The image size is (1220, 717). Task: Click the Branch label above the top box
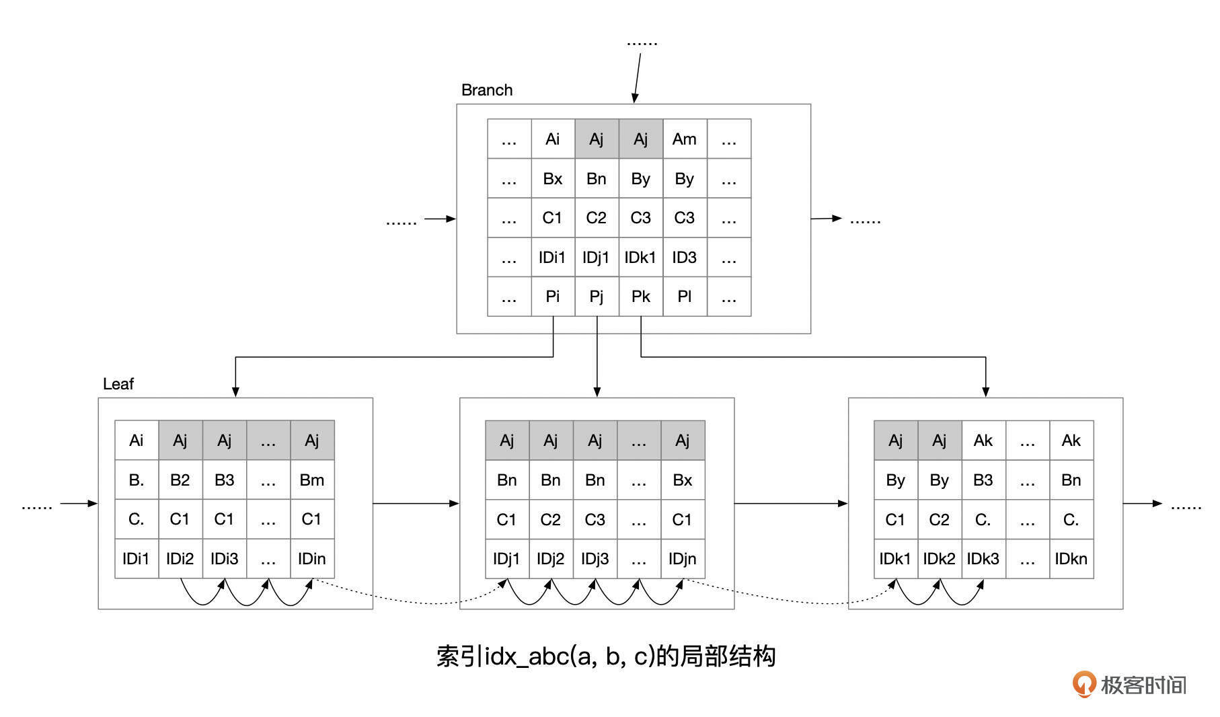pyautogui.click(x=487, y=90)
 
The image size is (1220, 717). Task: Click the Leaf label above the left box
pyautogui.click(x=118, y=384)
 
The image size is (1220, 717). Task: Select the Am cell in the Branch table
pyautogui.click(x=685, y=139)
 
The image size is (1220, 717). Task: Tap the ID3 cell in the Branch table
pyautogui.click(x=685, y=258)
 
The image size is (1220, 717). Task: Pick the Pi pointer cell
pyautogui.click(x=553, y=297)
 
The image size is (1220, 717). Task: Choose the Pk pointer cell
pyautogui.click(x=641, y=297)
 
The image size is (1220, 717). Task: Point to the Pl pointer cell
pyautogui.click(x=685, y=297)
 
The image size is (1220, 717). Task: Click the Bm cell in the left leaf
pyautogui.click(x=312, y=480)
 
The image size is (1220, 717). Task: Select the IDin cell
pyautogui.click(x=312, y=559)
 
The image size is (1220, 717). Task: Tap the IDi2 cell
pyautogui.click(x=180, y=559)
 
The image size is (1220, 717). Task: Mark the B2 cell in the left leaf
pyautogui.click(x=180, y=480)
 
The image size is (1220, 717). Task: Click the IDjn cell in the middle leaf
pyautogui.click(x=683, y=559)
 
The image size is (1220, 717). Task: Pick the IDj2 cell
pyautogui.click(x=551, y=559)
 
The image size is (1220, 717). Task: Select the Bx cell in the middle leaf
pyautogui.click(x=683, y=480)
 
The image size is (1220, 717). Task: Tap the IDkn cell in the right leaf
pyautogui.click(x=1071, y=559)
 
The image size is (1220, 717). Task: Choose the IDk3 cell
pyautogui.click(x=983, y=559)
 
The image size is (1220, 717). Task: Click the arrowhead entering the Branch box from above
pyautogui.click(x=634, y=99)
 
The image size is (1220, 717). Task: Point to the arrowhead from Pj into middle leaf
pyautogui.click(x=597, y=392)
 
